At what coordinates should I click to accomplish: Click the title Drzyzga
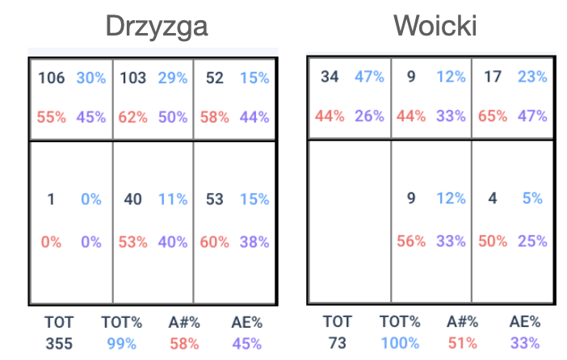[157, 27]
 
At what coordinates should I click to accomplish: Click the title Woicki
[435, 27]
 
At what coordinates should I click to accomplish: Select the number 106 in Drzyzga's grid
[51, 78]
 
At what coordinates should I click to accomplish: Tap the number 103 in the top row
[132, 78]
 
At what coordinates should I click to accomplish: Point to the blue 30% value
[91, 78]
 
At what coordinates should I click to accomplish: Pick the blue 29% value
[173, 78]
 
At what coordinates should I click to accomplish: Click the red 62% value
[132, 117]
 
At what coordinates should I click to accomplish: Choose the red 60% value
[214, 242]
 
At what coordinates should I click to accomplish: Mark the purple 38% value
[254, 242]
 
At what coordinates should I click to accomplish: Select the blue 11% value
[173, 199]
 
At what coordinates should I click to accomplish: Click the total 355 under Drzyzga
[58, 344]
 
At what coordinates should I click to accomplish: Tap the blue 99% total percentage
[120, 344]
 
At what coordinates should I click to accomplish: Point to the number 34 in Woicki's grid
[330, 77]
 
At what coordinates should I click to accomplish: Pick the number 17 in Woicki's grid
[493, 77]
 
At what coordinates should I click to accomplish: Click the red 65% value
[493, 115]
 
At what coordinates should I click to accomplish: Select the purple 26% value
[370, 115]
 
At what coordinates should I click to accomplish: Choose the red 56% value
[411, 241]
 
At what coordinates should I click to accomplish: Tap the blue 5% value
[532, 198]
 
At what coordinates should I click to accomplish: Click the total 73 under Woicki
[337, 344]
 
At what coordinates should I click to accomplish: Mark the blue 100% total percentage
[399, 344]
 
